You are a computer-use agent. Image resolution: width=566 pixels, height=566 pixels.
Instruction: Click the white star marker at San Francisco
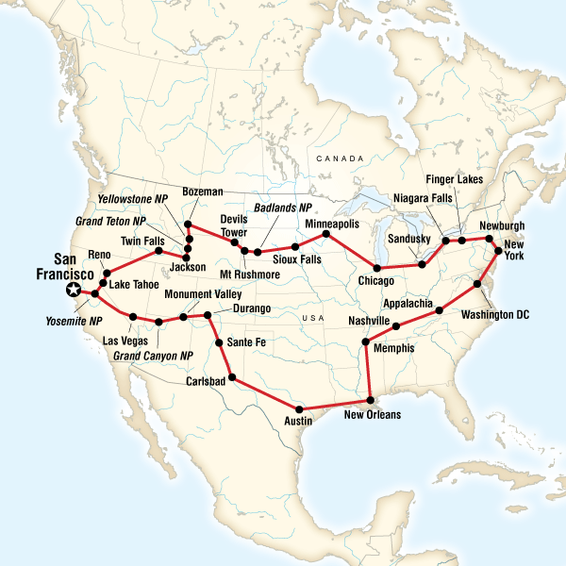[74, 291]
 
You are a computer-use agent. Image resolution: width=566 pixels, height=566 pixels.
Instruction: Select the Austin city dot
[299, 408]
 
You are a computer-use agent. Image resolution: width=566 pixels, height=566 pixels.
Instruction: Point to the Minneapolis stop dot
[325, 233]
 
